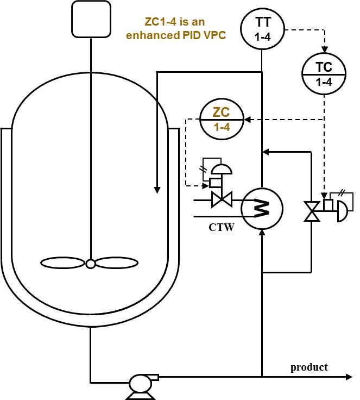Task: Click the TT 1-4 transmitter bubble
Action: [263, 30]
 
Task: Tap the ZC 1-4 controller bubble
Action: [221, 120]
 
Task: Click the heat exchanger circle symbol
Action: [262, 209]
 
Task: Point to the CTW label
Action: [222, 228]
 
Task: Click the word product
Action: [309, 367]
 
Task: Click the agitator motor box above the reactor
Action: [92, 19]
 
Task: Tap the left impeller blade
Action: [63, 263]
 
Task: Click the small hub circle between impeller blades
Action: [91, 264]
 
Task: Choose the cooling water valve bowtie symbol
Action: [221, 201]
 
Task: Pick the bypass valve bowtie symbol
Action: [312, 211]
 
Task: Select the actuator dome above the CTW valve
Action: [222, 168]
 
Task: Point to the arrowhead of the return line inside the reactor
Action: [157, 190]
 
